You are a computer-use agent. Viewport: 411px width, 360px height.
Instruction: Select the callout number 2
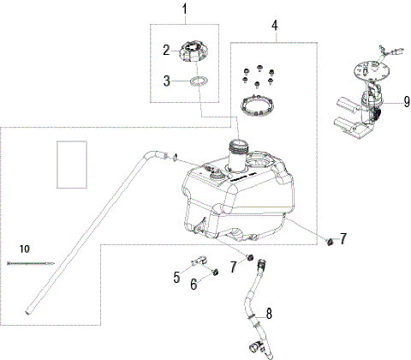[168, 51]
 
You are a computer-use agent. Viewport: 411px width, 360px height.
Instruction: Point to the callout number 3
[168, 81]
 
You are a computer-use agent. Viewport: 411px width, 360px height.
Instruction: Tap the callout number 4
[276, 26]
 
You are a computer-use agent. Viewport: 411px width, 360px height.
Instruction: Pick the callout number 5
[177, 277]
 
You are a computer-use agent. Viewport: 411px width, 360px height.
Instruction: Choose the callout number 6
[194, 284]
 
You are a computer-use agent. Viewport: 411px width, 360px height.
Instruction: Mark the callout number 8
[269, 313]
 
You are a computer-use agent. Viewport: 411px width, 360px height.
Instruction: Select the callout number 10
[24, 248]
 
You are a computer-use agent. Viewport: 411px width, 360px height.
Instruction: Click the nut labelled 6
[217, 272]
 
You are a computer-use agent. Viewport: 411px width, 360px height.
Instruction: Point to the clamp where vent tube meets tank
[175, 157]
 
